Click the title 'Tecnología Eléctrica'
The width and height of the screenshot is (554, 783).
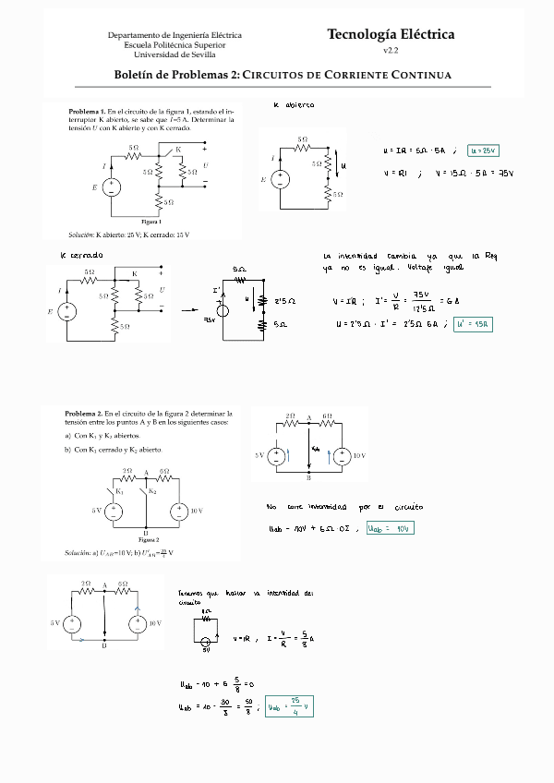coord(391,34)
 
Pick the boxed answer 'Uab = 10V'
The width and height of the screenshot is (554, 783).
coord(390,528)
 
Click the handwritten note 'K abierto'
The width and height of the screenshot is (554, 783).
coord(294,104)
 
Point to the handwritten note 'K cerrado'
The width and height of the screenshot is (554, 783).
coord(81,254)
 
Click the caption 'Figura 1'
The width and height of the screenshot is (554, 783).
coord(151,222)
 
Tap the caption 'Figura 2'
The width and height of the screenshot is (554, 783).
coord(148,538)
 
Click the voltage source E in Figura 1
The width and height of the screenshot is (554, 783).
coord(112,188)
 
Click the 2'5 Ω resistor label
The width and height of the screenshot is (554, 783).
coord(285,301)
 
